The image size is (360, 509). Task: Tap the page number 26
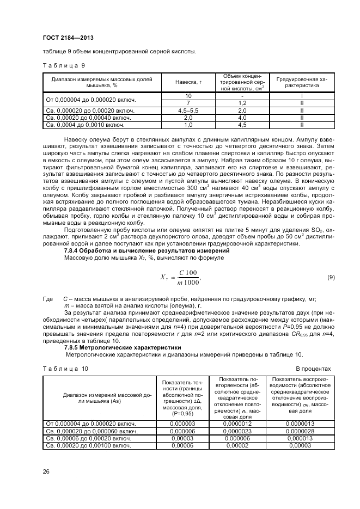(46, 471)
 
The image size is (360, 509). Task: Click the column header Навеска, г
(189, 82)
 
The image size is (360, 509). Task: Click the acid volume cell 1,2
(243, 103)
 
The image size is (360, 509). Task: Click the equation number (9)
(331, 278)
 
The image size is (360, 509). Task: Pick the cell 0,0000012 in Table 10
(240, 423)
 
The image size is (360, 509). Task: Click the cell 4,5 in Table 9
(243, 124)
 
